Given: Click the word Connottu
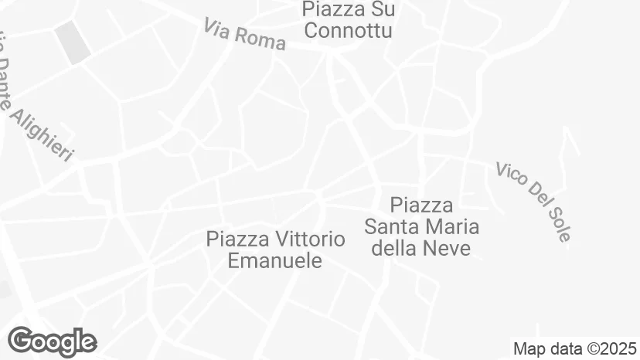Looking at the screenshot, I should coord(348,31).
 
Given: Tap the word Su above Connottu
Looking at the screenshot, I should coord(383,10).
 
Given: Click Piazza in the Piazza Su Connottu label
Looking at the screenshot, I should coord(333,10).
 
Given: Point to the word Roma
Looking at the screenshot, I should coord(260,39).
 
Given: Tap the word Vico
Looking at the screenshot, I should coord(511,175).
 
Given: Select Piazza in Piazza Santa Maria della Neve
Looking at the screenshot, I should coord(421,205).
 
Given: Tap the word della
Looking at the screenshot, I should coord(394,248).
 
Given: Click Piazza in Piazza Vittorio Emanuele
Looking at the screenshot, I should coord(234,239).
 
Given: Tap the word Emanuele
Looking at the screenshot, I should coord(274,260).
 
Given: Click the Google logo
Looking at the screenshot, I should coord(52,341).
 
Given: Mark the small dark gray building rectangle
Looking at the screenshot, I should coord(73,42).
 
